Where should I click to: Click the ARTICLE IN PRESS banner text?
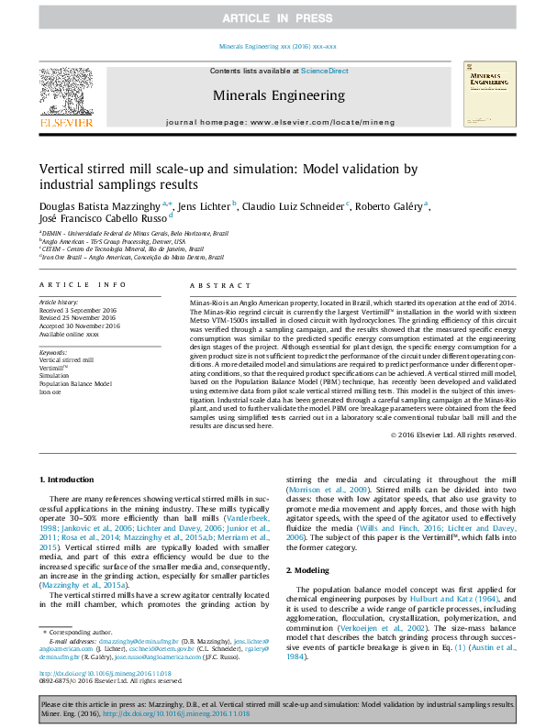(x=273, y=18)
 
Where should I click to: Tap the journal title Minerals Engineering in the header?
(x=279, y=95)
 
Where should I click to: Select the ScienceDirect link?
(x=324, y=71)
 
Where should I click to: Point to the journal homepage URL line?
(x=279, y=122)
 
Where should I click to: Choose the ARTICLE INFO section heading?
(x=82, y=286)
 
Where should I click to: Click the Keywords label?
(x=54, y=352)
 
